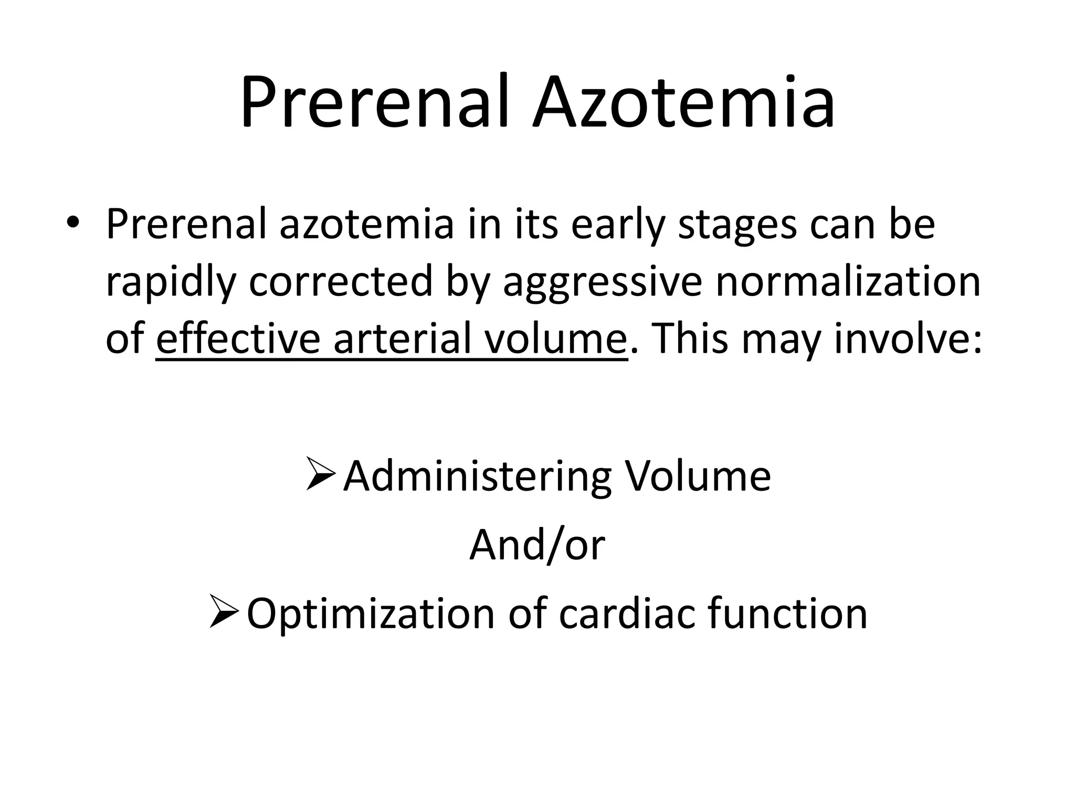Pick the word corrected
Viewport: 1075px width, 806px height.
[x=340, y=282]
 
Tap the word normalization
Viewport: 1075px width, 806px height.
[x=848, y=282]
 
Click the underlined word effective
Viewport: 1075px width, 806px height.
[x=238, y=339]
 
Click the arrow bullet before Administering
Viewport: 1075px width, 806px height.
[x=321, y=474]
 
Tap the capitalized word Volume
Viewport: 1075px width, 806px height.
[x=698, y=476]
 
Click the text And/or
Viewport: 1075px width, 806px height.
[x=537, y=545]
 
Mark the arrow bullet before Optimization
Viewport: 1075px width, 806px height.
[x=224, y=611]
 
